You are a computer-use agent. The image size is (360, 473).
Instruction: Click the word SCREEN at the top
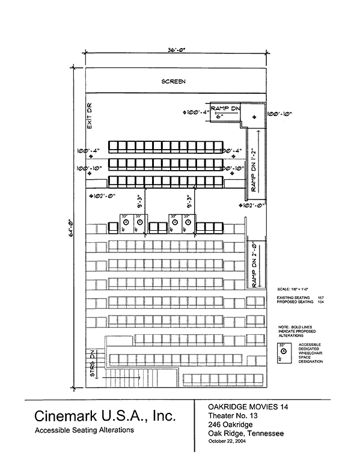(x=174, y=81)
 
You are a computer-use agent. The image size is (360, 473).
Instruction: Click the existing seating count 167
(x=321, y=298)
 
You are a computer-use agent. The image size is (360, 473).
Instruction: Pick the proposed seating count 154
(x=321, y=302)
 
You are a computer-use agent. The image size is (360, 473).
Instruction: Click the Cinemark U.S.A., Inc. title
(x=105, y=417)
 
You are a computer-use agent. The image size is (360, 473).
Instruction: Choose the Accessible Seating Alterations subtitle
(x=84, y=430)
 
